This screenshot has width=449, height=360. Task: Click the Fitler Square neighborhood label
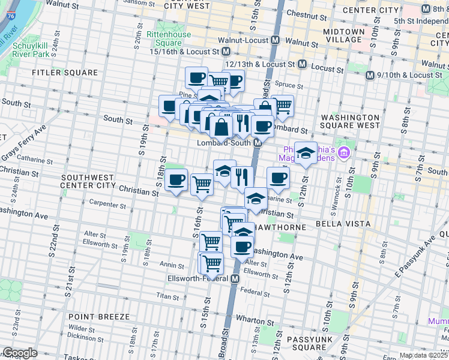click(65, 73)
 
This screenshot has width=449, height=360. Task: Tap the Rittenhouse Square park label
click(169, 38)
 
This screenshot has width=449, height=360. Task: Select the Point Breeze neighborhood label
click(98, 317)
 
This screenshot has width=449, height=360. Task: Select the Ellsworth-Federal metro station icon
click(235, 279)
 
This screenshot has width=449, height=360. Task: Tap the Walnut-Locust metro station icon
click(276, 40)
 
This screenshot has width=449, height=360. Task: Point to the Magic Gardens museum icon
click(343, 152)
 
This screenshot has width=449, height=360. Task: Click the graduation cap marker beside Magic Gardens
click(306, 154)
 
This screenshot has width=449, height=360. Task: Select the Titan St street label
click(164, 295)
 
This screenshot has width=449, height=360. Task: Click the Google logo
click(20, 353)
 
